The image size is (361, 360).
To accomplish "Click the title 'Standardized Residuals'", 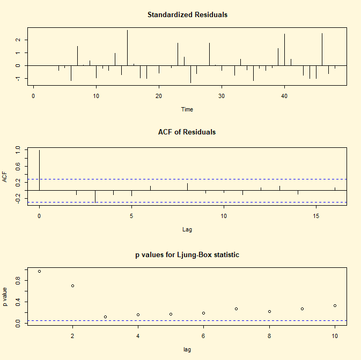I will coord(187,15).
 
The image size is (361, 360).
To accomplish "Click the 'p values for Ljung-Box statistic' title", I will coord(187,255).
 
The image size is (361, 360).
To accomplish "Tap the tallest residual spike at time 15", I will coord(127,48).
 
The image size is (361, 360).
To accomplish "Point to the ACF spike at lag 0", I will coord(39,170).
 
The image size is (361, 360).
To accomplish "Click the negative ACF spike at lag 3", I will coord(95,196).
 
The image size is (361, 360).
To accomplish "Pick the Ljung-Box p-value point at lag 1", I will coord(39,272).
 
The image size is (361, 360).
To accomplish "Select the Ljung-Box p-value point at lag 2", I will coord(72,286).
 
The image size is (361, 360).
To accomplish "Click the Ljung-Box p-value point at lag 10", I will coord(335,306).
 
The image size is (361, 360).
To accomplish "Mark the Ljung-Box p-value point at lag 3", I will coord(105,317).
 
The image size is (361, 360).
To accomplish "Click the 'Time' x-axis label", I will coord(187,109).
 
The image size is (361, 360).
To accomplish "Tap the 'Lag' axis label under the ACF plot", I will coord(187,229).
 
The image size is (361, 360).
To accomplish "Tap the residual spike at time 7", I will coord(77,56).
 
